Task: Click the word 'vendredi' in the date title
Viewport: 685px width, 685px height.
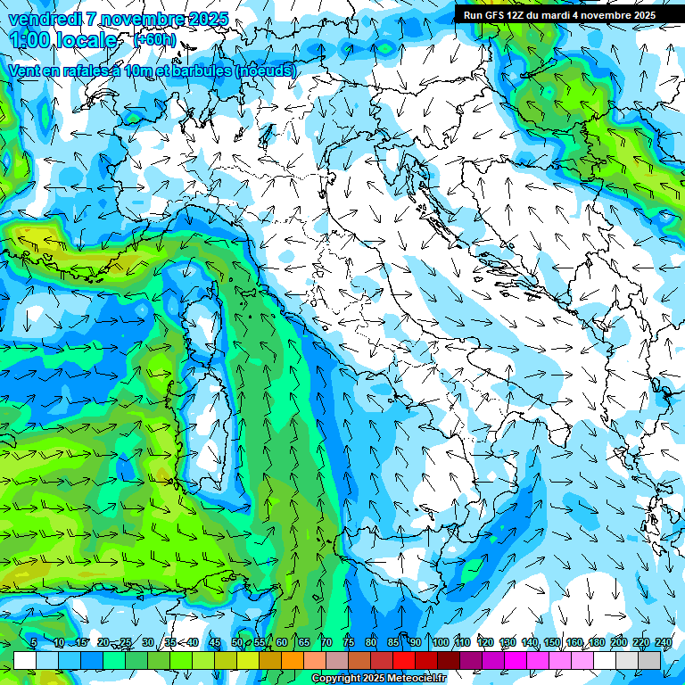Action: (45, 19)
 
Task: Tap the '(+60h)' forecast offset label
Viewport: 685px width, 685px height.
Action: (154, 40)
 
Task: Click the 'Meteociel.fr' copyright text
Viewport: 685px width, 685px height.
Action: (410, 679)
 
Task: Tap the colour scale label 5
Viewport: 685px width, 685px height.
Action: (34, 643)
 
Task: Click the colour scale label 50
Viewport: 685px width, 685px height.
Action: (237, 643)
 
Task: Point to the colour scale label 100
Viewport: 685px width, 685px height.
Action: (441, 643)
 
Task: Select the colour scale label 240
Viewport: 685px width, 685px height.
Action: (664, 643)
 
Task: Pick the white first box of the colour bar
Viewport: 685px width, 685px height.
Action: (25, 660)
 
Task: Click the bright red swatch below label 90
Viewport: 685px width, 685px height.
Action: (404, 660)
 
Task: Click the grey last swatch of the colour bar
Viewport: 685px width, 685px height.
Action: (649, 660)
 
